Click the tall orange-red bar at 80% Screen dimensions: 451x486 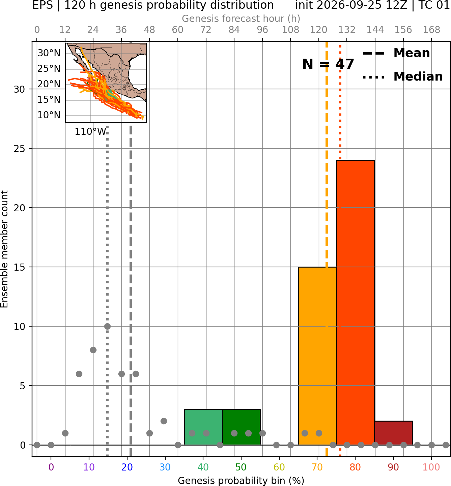pyautogui.click(x=355, y=302)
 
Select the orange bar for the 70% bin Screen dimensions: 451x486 pyautogui.click(x=317, y=356)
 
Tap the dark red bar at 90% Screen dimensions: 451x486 pyautogui.click(x=393, y=433)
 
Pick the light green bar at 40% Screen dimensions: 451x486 pyautogui.click(x=203, y=427)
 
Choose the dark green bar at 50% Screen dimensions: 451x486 pyautogui.click(x=241, y=427)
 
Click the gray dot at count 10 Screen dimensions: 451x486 pyautogui.click(x=107, y=327)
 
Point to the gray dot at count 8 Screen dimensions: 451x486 pyautogui.click(x=93, y=350)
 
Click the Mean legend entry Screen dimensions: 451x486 pyautogui.click(x=396, y=53)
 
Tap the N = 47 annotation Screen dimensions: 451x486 pyautogui.click(x=328, y=64)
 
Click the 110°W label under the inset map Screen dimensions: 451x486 pyautogui.click(x=90, y=132)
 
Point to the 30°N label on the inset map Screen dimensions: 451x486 pyautogui.click(x=49, y=53)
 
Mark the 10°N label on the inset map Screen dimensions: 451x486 pyautogui.click(x=49, y=115)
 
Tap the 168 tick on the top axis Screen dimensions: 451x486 pyautogui.click(x=431, y=30)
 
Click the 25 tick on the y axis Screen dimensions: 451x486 pyautogui.click(x=19, y=148)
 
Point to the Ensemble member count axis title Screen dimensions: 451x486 pyautogui.click(x=4, y=249)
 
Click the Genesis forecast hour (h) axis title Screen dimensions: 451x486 pyautogui.click(x=241, y=19)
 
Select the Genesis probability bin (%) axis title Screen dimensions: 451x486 pyautogui.click(x=241, y=481)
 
